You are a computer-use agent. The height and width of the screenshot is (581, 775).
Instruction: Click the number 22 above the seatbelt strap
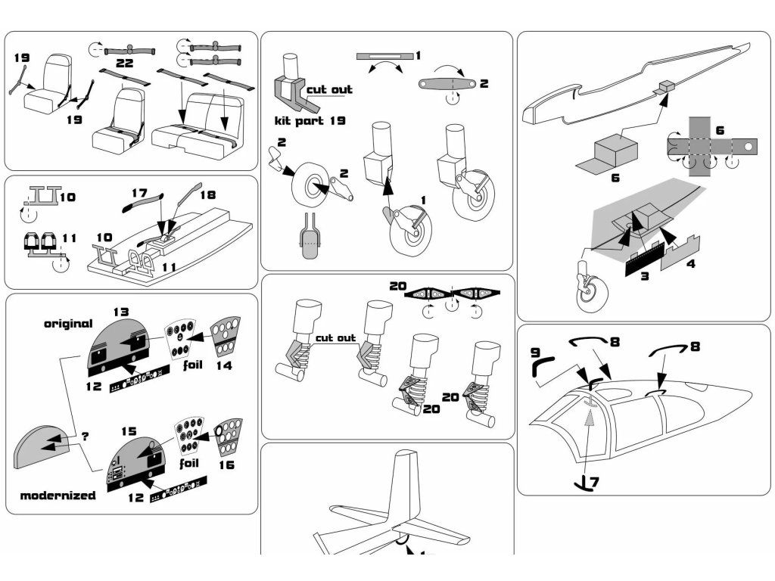tap(125, 63)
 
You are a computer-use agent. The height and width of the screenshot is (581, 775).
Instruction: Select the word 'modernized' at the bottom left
tap(58, 496)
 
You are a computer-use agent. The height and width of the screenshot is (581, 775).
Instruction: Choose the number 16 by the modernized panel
tap(226, 465)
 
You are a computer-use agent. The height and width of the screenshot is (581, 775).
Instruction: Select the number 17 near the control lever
tap(139, 194)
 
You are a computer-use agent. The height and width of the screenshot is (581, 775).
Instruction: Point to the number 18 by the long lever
tap(207, 194)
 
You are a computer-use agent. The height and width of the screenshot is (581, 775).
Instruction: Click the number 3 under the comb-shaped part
tap(644, 276)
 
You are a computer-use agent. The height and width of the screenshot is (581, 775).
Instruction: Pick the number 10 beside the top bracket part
tap(67, 197)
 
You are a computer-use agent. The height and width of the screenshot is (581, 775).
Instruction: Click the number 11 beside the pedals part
tap(70, 238)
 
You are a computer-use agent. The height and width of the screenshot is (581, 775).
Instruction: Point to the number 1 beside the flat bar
tap(418, 55)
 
